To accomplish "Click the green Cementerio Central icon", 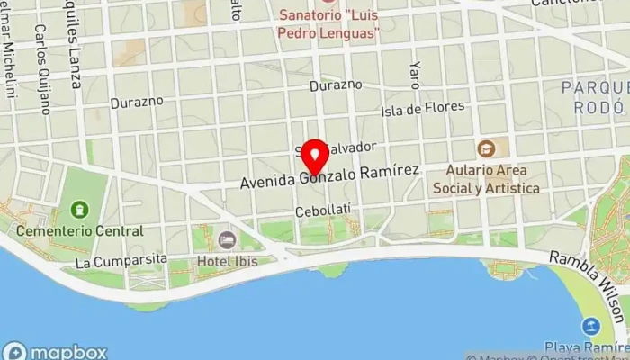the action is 80,211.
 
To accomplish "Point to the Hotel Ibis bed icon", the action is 226,240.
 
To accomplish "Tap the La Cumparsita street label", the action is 121,261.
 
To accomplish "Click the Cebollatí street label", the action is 322,211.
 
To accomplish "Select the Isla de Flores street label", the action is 423,109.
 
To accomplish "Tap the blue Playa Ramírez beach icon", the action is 591,326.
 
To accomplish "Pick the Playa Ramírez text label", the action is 586,346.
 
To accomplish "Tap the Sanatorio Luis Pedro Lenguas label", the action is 328,24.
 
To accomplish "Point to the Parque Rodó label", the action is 594,97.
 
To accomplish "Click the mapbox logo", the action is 56,351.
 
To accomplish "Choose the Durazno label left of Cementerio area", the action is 137,102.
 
